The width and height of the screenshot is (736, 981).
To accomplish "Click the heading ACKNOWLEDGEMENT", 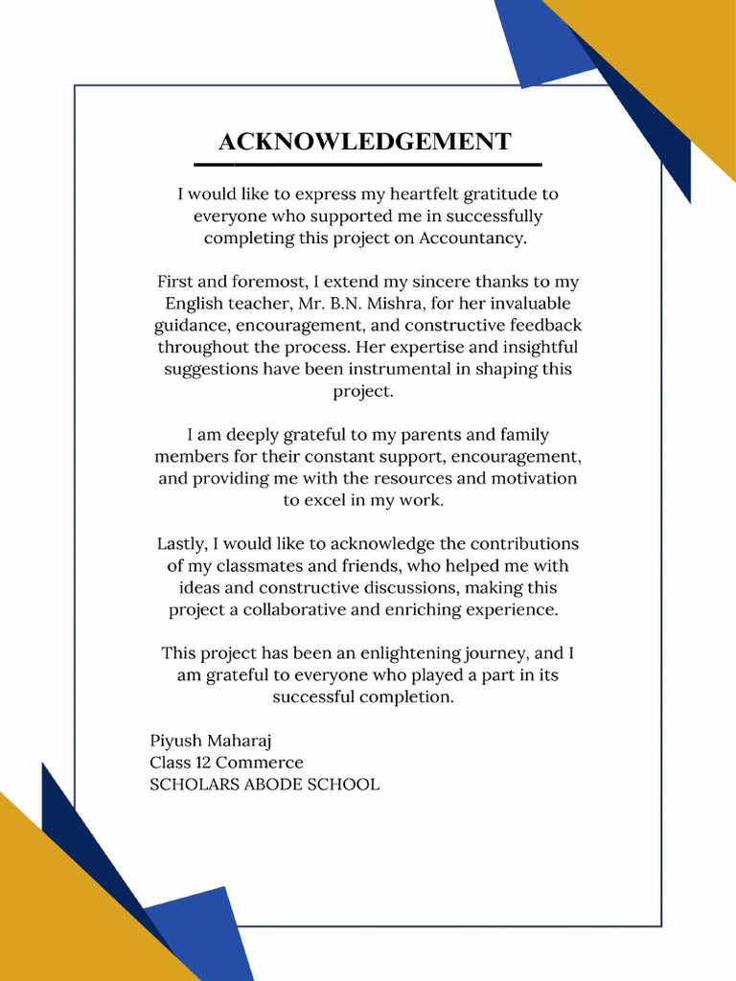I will click(364, 142).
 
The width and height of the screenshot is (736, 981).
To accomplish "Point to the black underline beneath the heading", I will click(368, 165).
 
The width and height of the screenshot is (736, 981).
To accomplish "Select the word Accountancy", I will click(472, 239).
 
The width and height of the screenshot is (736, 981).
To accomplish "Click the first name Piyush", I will click(172, 741).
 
